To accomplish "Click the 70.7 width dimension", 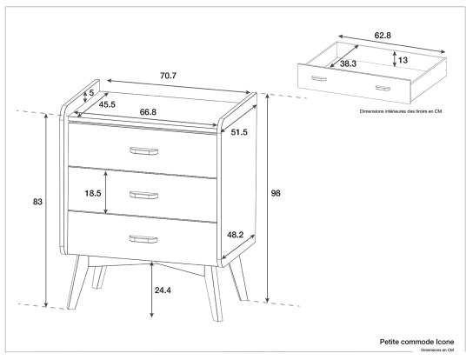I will click(167, 77).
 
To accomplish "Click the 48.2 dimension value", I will click(235, 234).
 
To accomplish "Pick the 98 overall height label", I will click(276, 192).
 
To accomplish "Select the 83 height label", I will click(37, 202).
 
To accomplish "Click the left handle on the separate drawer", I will click(319, 78).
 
